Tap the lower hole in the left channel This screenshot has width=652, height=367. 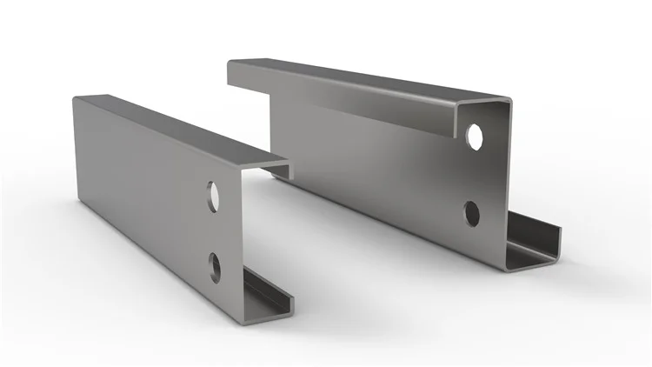pyautogui.click(x=214, y=262)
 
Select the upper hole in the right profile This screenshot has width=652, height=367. pyautogui.click(x=475, y=135)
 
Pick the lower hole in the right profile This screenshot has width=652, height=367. pyautogui.click(x=472, y=211)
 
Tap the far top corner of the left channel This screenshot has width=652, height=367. pyautogui.click(x=75, y=97)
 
